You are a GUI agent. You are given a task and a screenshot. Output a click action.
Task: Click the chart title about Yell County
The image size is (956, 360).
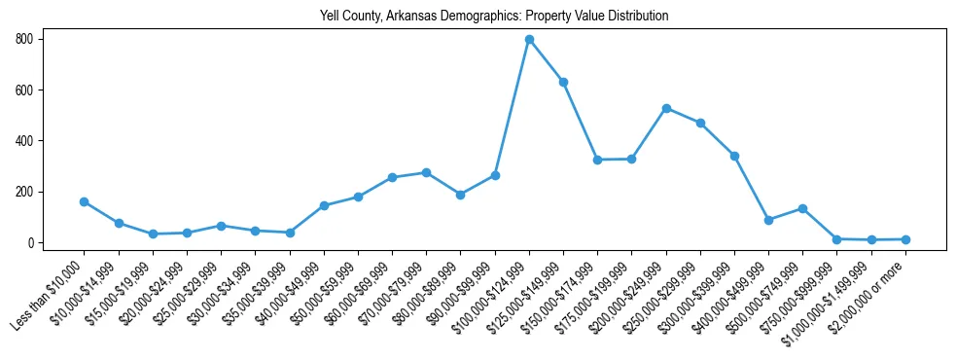coord(494,17)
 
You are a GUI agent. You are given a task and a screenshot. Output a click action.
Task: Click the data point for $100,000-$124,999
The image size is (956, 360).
coord(529,40)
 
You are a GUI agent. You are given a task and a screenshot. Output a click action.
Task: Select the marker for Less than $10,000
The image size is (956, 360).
coord(85,201)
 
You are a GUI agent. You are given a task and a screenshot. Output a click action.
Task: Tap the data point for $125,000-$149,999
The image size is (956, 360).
coord(563,82)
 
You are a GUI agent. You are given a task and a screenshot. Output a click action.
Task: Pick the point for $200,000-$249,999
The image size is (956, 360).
coord(666,108)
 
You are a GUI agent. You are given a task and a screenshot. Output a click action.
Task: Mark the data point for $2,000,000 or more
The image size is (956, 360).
coord(905,239)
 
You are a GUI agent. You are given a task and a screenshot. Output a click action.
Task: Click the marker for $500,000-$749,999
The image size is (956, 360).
coord(802,208)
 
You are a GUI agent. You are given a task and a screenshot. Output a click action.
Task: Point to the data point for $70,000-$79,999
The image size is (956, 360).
coord(426,172)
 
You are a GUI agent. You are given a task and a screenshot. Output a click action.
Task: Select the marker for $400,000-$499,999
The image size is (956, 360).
coord(768,220)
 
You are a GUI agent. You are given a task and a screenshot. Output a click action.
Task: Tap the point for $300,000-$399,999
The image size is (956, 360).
coord(734,156)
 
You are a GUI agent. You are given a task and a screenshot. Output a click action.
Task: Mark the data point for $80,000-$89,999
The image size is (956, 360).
coord(460,195)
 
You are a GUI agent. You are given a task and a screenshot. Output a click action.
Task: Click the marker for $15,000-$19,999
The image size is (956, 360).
coord(153,234)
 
